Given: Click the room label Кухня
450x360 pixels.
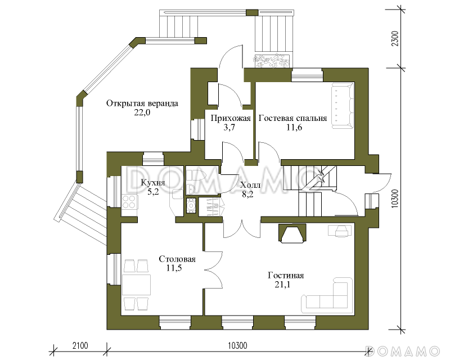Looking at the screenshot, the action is pos(152,183).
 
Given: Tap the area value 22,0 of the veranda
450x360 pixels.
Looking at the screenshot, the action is pos(142,112).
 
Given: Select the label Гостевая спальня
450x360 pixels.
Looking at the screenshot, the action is pos(292,118).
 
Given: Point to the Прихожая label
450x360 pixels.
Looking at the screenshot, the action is pos(231,118).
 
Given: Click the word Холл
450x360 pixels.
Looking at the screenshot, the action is pos(250,185).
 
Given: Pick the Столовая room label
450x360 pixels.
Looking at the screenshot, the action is pos(177,259).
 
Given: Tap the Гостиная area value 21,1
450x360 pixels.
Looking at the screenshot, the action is pos(282,285).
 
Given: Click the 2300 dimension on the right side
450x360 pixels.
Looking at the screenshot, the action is pos(395,39).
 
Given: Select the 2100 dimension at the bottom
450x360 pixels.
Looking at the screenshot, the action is pos(80,345).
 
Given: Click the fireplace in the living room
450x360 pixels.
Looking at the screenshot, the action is pos(292,233).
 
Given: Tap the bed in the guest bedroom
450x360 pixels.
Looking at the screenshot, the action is pos(343,106).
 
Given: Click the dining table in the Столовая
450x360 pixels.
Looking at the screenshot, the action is pos(136,285).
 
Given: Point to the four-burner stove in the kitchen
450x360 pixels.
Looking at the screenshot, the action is pos(129,201).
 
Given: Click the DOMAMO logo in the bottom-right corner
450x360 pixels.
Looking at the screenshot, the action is pos(402,351).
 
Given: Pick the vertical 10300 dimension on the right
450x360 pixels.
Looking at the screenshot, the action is pos(395,198).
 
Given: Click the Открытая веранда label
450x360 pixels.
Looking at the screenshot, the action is pos(142,103).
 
